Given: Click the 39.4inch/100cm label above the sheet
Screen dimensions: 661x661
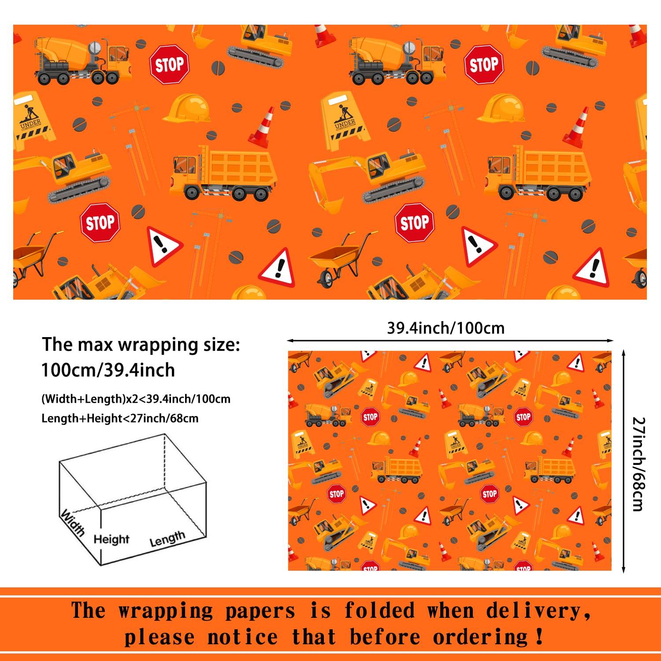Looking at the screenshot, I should click(x=446, y=328).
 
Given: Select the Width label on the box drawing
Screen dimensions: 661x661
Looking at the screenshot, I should click(x=73, y=522).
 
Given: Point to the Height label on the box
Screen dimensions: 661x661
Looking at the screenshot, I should click(x=111, y=539).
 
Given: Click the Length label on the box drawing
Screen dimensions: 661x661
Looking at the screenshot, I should click(x=167, y=538).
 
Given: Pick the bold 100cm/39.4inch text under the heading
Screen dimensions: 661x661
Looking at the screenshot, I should click(x=108, y=370).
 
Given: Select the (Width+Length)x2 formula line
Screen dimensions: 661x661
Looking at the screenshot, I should click(x=136, y=399).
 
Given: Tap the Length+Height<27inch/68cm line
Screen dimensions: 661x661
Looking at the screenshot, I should click(x=120, y=418).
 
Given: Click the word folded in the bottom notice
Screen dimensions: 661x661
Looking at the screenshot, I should click(x=379, y=611).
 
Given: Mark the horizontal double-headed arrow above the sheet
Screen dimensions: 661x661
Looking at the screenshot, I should click(x=449, y=340).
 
